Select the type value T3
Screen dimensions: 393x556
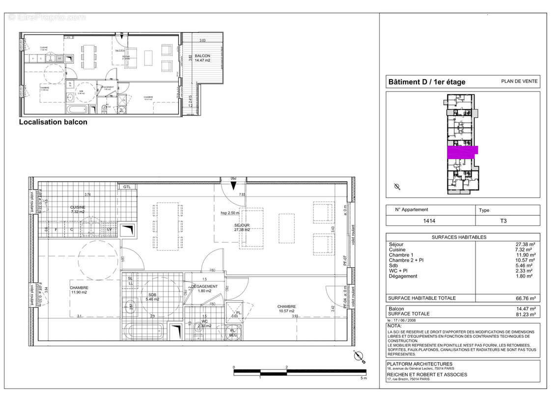[503, 221]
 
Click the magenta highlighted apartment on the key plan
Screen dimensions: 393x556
[462, 152]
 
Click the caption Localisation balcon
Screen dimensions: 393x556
[53, 122]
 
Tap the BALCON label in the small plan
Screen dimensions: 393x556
[202, 58]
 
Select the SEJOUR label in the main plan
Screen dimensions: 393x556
[243, 227]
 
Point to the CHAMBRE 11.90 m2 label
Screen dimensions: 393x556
[79, 290]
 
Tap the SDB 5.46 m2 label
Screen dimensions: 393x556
[149, 296]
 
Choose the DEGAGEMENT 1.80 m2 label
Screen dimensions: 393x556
[205, 288]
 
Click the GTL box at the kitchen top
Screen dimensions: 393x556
[127, 187]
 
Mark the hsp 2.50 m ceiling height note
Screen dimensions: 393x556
[230, 213]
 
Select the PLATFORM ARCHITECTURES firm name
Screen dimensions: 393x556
[413, 364]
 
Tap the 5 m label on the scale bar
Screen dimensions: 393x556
[363, 378]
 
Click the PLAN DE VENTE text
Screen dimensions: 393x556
[519, 82]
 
